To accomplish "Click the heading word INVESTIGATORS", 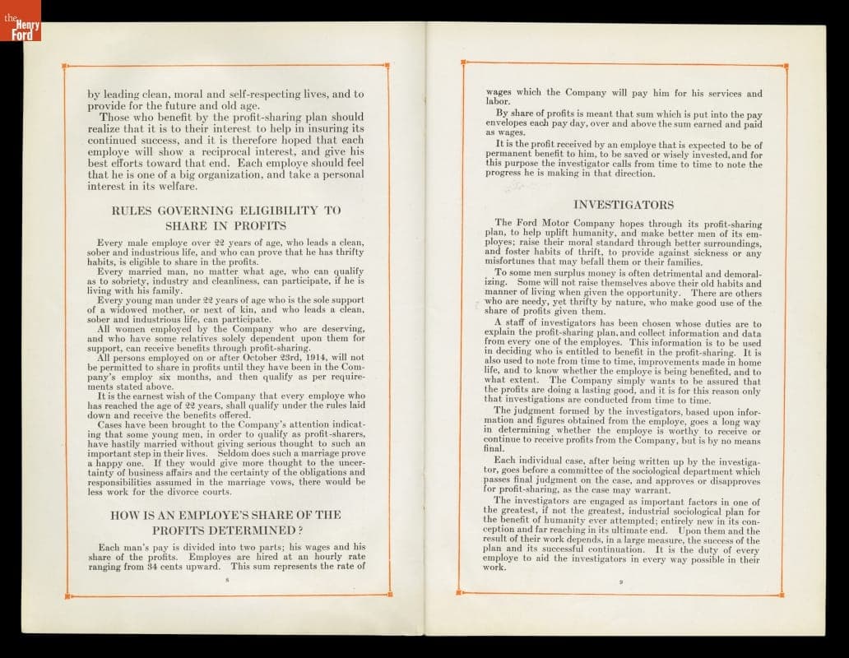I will click(623, 204).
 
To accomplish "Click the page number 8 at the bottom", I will click(226, 580).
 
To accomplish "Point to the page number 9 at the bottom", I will click(622, 582).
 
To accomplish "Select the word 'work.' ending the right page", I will click(495, 567).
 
